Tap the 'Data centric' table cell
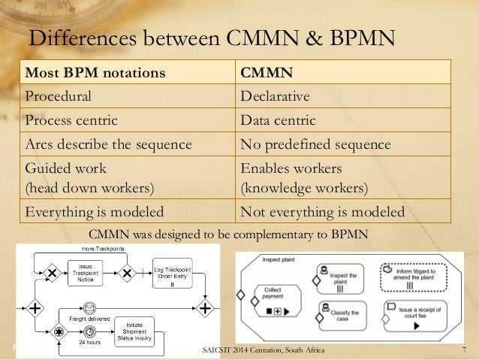coord(278,119)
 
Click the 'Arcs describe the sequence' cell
coord(109,144)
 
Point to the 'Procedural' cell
coord(59,96)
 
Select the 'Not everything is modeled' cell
coord(321,211)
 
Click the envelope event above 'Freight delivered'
coord(90,307)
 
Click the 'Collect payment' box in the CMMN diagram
coord(273,298)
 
